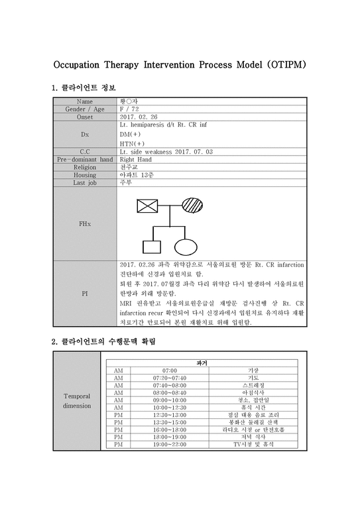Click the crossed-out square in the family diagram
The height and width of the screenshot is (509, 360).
point(147,205)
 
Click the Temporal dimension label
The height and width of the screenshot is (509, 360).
point(77,400)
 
